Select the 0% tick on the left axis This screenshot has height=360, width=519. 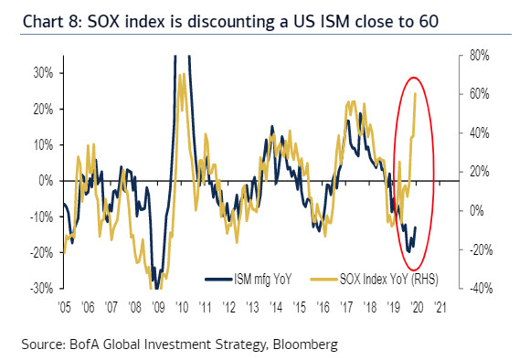42,180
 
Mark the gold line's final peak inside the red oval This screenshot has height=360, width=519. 416,93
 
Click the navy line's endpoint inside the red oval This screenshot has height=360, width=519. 417,228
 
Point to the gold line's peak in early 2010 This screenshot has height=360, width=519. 182,73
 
